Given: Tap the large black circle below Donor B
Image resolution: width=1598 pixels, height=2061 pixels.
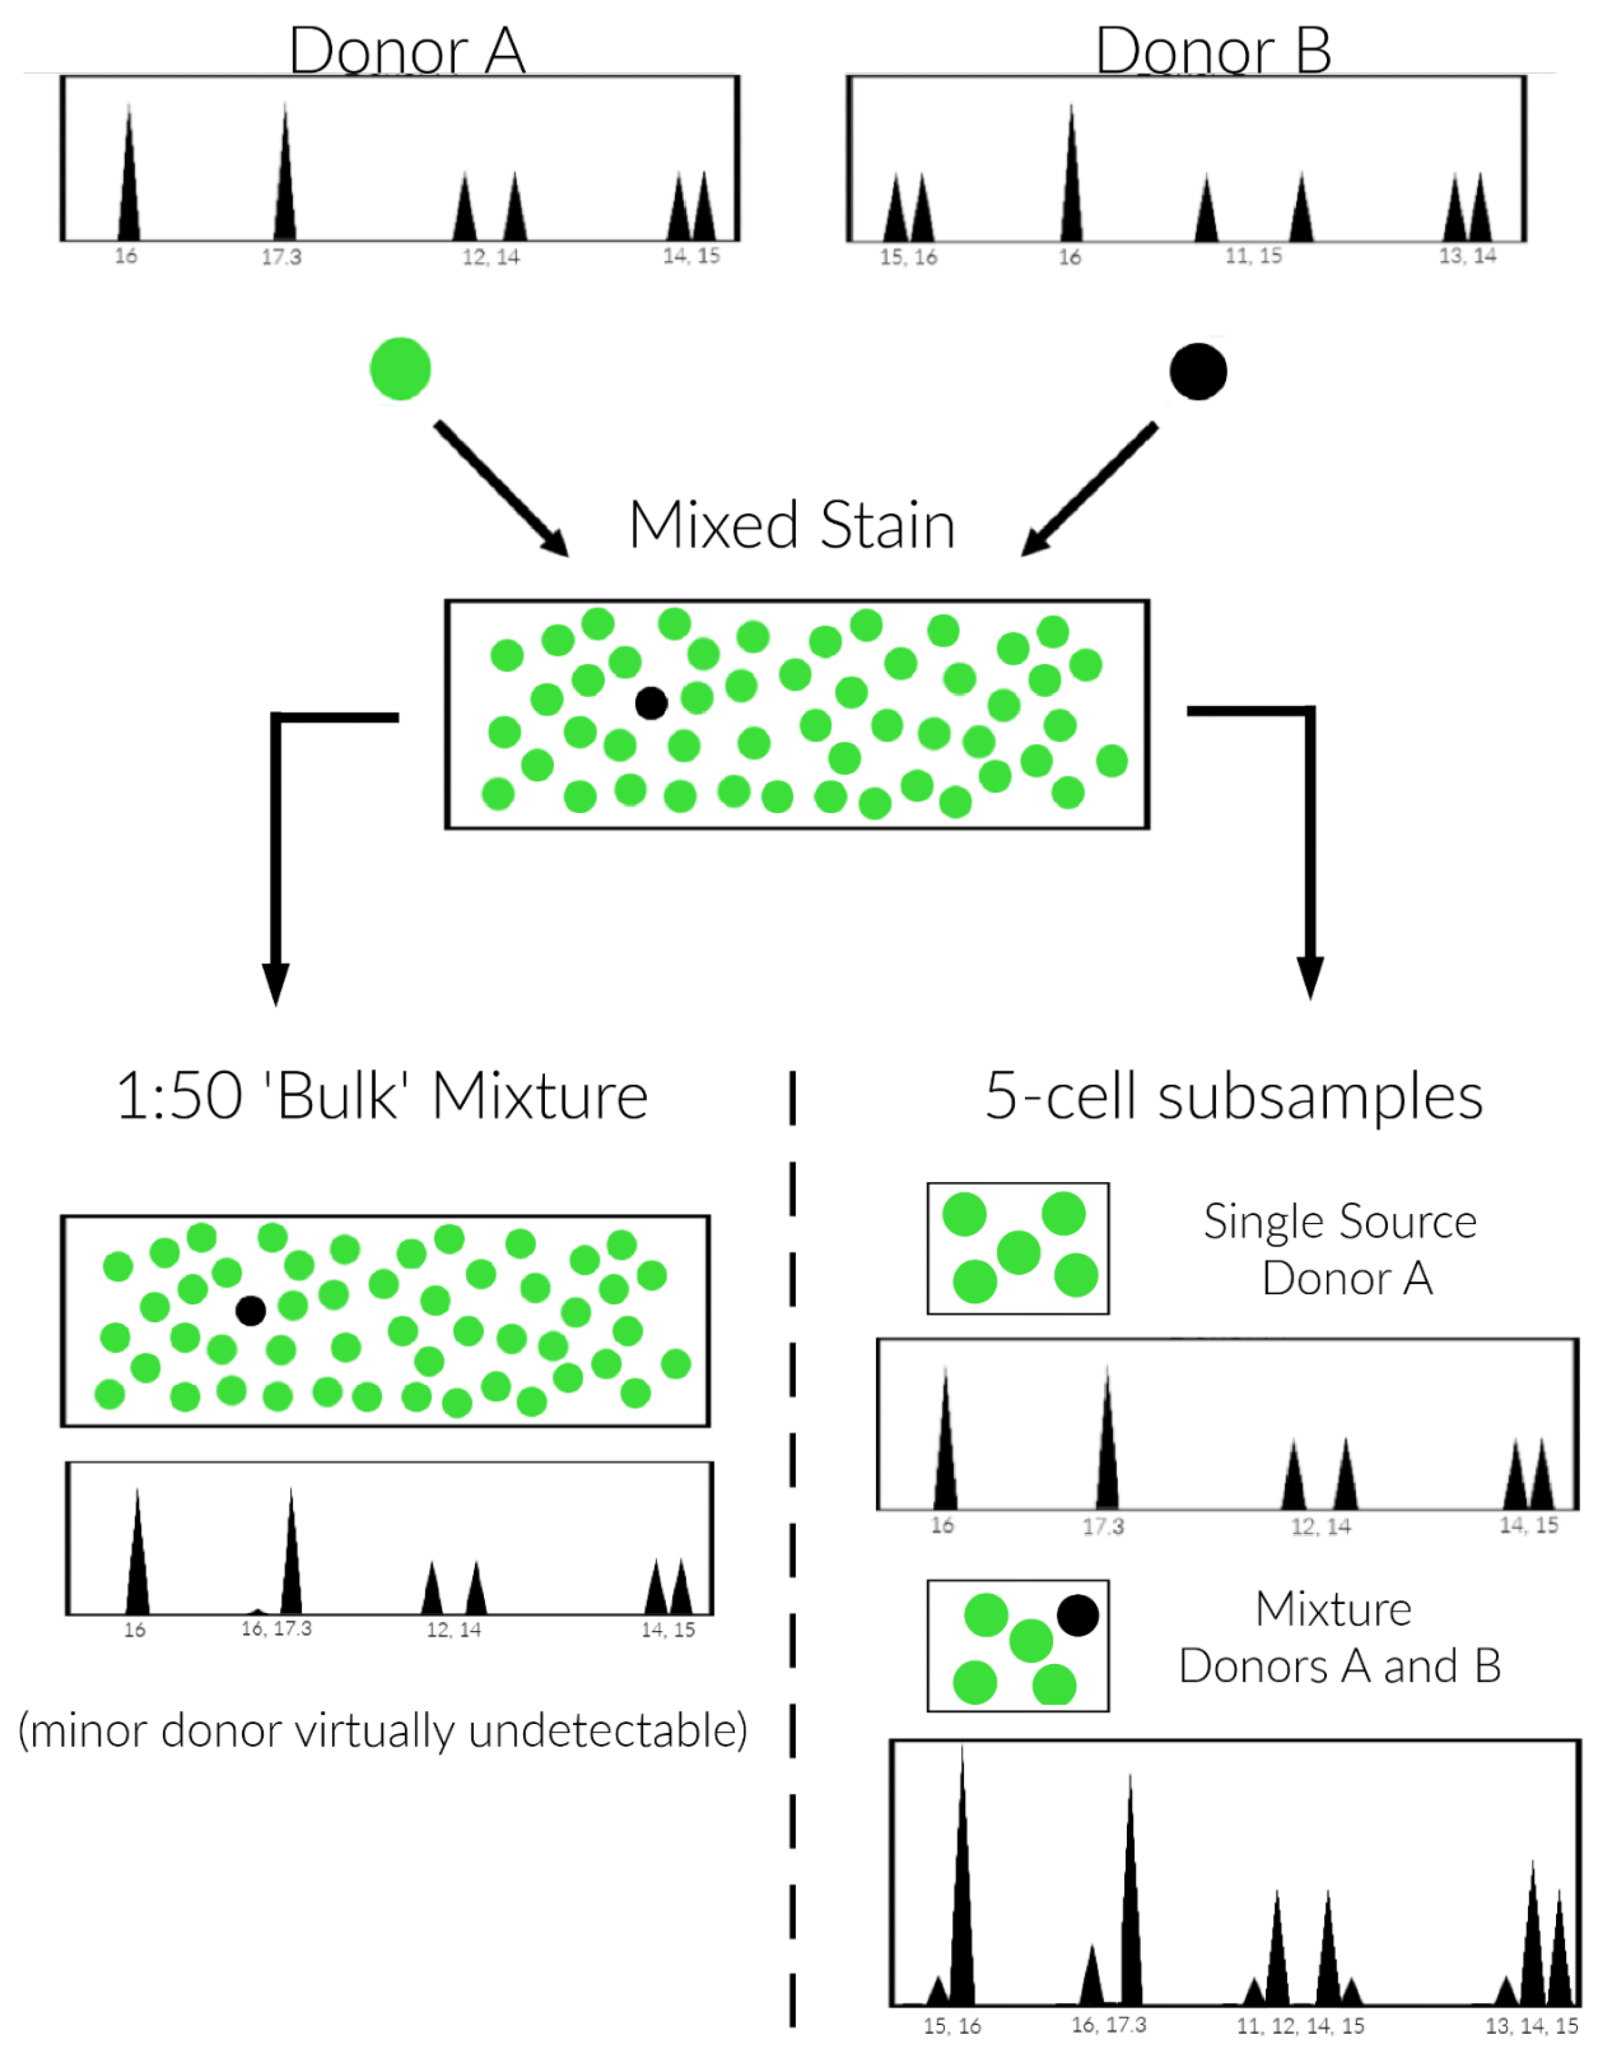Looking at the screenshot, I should (1198, 371).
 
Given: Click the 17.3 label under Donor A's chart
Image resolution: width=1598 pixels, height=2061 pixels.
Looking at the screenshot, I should (281, 257).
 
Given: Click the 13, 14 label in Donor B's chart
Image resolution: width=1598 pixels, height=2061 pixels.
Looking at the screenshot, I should (1467, 256).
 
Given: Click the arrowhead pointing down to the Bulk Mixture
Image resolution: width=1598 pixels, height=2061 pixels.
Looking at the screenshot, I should (275, 983).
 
